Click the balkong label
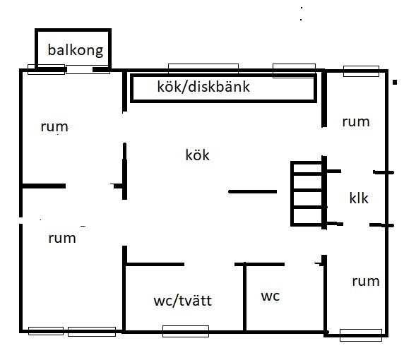(x=76, y=50)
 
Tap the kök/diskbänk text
(x=203, y=86)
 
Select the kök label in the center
(x=197, y=155)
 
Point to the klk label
(x=359, y=198)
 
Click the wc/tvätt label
(x=182, y=301)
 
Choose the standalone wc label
(x=270, y=296)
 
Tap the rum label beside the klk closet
(x=356, y=122)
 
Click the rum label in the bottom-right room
(x=366, y=282)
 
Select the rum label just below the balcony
(x=54, y=127)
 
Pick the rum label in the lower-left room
(x=62, y=239)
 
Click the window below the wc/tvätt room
(x=186, y=331)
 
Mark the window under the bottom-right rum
(x=361, y=335)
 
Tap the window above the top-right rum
(x=361, y=71)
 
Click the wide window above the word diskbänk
(x=203, y=68)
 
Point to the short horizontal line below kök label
(x=253, y=191)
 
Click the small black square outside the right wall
(x=395, y=82)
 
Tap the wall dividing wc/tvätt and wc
(x=244, y=297)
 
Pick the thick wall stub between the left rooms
(x=44, y=186)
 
